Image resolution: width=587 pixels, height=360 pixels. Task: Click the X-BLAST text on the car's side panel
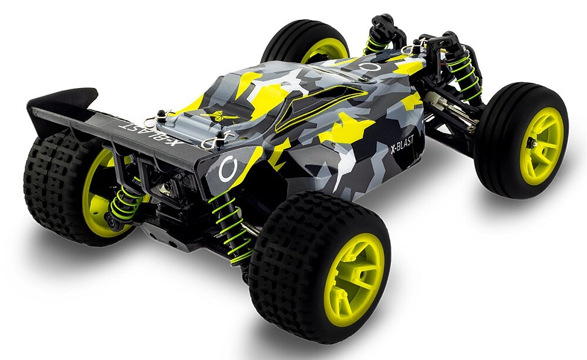click(407, 144)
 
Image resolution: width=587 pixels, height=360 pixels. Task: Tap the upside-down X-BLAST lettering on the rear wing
click(150, 133)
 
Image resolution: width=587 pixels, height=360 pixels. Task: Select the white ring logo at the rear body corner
click(228, 170)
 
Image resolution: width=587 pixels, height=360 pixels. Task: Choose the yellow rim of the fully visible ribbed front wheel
click(541, 146)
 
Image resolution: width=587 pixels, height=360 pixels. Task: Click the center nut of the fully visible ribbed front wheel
click(531, 143)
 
